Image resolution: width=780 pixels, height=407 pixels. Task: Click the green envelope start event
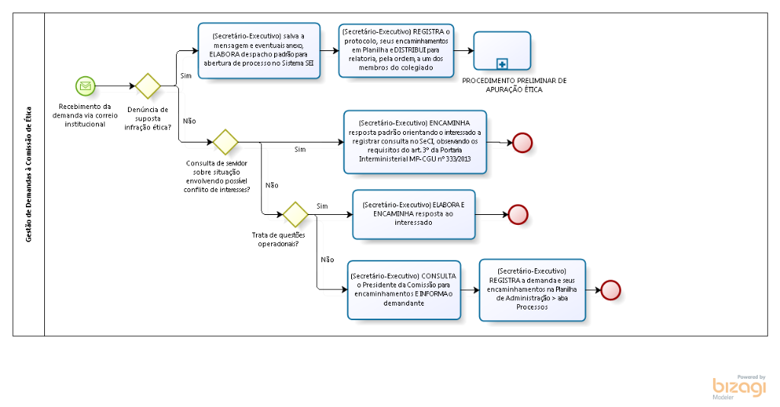click(x=85, y=86)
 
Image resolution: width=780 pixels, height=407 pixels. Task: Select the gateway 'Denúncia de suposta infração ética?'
click(x=147, y=86)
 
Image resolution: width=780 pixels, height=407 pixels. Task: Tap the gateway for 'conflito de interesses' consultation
click(x=225, y=141)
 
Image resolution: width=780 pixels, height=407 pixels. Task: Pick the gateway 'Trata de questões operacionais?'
click(x=295, y=214)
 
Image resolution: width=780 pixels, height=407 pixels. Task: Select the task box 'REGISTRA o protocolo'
click(x=396, y=50)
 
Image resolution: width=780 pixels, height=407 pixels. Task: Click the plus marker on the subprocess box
click(x=502, y=63)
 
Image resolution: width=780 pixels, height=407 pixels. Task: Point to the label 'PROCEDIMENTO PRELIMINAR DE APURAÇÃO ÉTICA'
click(x=514, y=85)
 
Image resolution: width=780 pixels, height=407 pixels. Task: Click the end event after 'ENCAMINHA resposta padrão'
click(x=523, y=143)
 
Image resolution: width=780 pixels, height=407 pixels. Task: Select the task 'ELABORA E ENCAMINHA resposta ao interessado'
click(x=414, y=214)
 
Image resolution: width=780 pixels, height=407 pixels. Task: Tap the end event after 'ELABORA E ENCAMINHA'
click(x=517, y=215)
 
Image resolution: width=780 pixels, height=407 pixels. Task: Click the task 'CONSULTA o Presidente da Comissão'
click(x=404, y=289)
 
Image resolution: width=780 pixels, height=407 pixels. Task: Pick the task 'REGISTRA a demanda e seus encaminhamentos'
click(x=531, y=289)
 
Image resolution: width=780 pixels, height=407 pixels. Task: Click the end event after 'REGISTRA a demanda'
click(x=611, y=290)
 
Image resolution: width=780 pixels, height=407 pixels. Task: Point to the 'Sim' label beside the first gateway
click(x=186, y=75)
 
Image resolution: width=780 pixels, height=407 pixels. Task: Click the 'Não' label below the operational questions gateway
click(x=328, y=259)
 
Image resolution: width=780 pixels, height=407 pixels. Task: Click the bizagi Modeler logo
click(x=739, y=387)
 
